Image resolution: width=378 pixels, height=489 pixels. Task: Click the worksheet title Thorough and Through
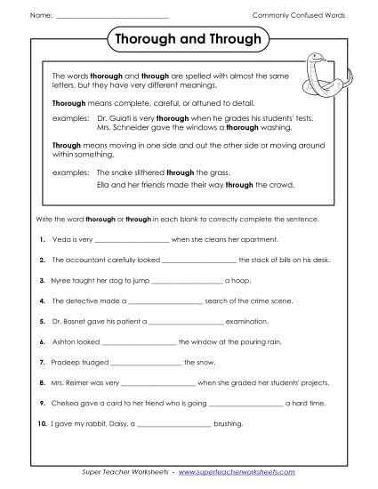click(189, 40)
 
